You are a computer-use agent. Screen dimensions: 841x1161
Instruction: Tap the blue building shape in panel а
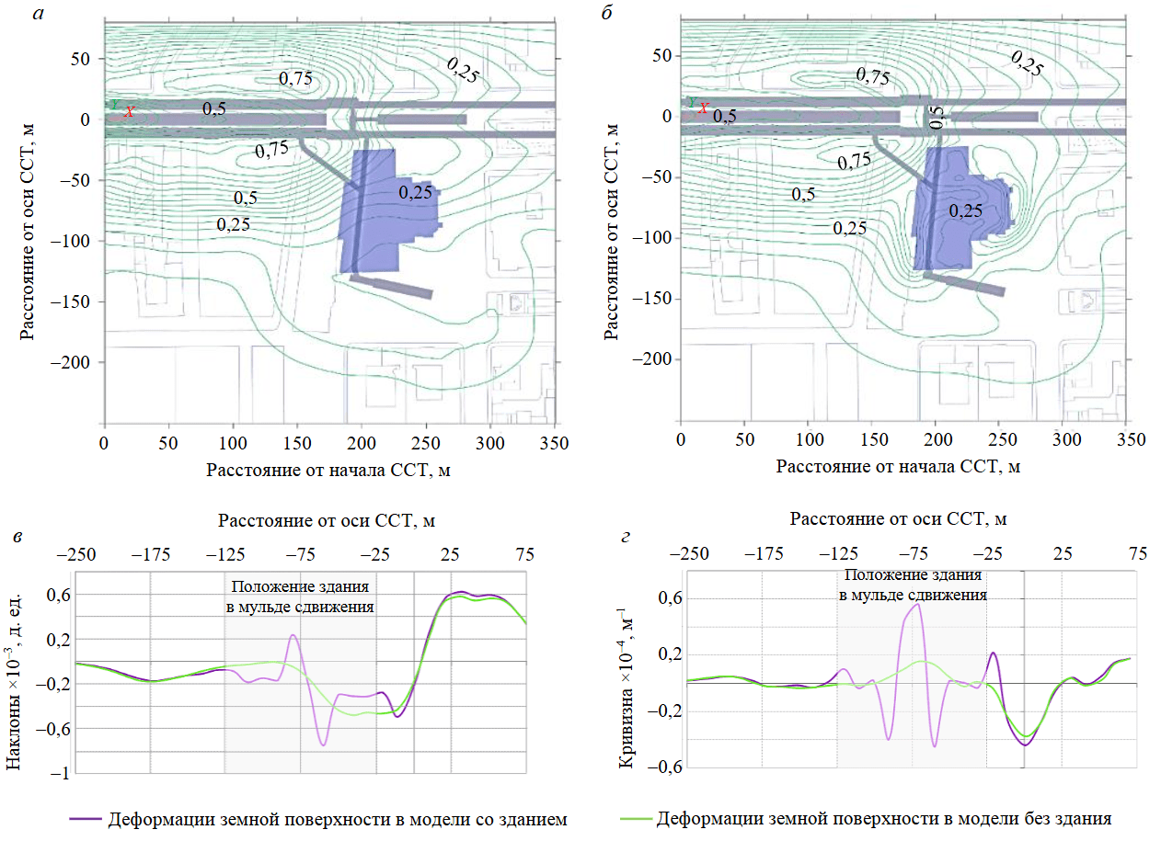pos(382,211)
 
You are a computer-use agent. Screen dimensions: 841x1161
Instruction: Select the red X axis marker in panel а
pos(130,111)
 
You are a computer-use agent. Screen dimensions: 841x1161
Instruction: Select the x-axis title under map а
pos(328,471)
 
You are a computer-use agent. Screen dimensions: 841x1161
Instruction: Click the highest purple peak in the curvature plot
pos(917,605)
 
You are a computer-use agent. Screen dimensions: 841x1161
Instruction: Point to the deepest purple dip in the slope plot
pos(324,744)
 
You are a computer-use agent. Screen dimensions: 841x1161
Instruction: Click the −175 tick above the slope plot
pos(151,555)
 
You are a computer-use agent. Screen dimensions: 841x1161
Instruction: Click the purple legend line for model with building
pos(85,818)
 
